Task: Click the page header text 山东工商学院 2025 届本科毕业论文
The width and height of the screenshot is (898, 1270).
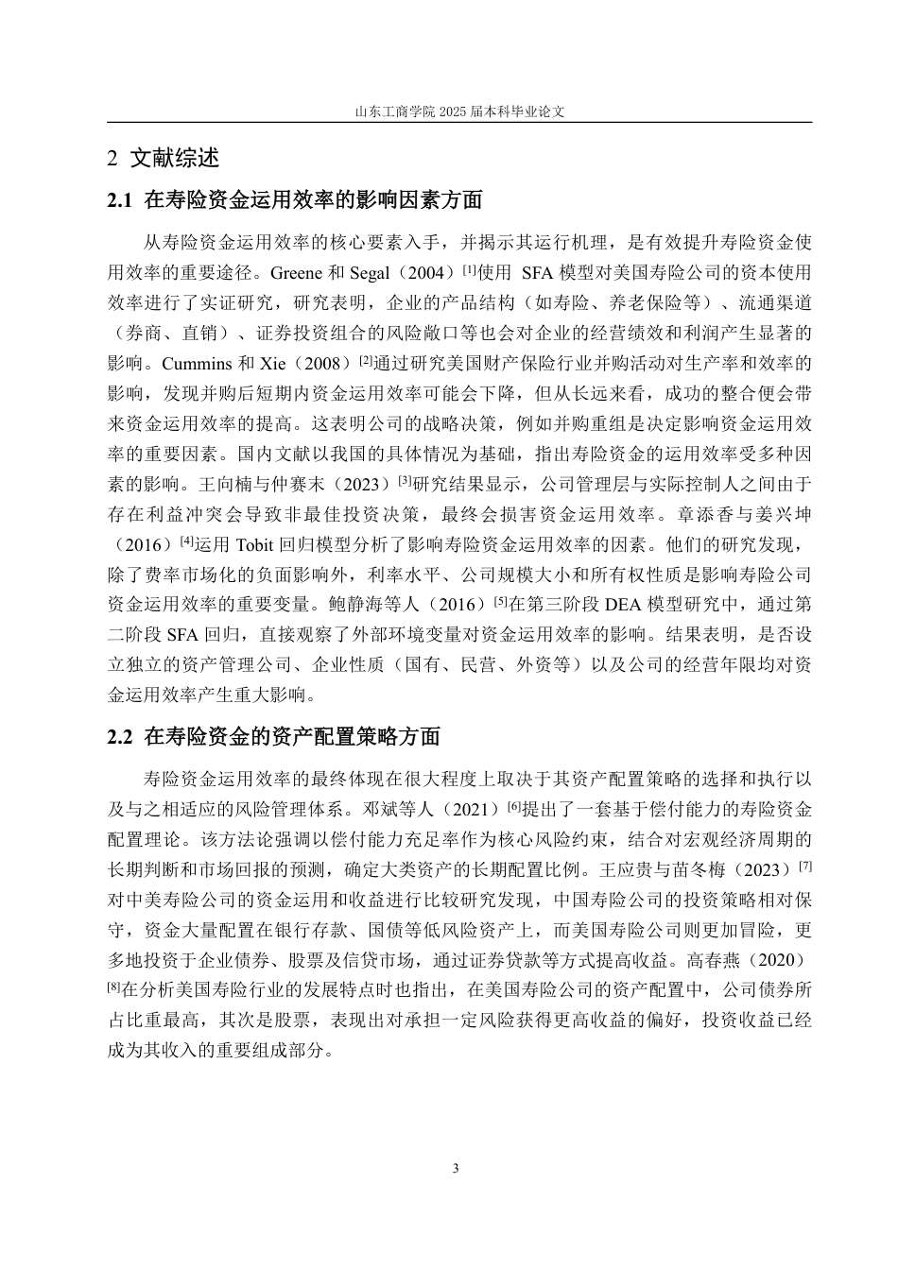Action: pos(459,111)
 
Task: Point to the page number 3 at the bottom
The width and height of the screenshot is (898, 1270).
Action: pos(457,1169)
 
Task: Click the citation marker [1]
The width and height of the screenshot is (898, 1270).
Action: pos(468,269)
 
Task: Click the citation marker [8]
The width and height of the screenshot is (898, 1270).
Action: pos(114,987)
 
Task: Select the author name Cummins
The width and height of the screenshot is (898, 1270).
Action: pos(195,363)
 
